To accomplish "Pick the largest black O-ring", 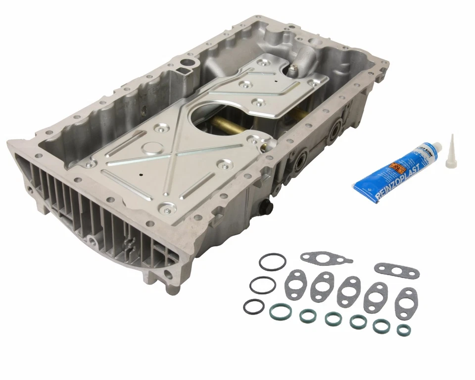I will tap(272, 262).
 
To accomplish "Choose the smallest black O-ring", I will tap(253, 306).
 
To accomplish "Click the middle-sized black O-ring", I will tap(262, 285).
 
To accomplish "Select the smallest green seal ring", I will tap(404, 330).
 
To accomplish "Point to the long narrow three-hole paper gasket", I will tap(396, 270).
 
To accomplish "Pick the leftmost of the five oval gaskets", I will tap(296, 284).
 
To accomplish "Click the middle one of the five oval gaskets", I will tap(349, 292).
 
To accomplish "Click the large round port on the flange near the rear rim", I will tap(187, 63).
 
